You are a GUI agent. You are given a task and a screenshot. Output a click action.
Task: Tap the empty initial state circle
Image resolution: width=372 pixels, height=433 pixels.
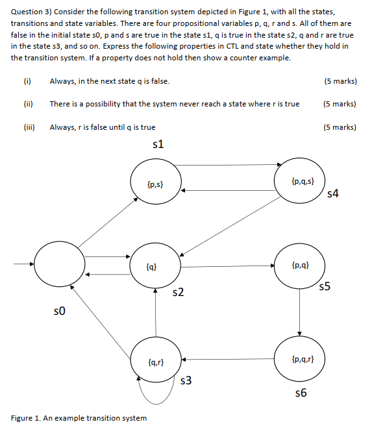[59, 265]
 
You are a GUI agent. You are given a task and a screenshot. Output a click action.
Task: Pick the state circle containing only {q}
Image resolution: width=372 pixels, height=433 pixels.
[155, 266]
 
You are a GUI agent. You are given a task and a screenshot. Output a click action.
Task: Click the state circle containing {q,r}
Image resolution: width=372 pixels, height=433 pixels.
[156, 360]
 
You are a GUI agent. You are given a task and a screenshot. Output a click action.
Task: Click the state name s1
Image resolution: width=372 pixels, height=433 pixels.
[156, 144]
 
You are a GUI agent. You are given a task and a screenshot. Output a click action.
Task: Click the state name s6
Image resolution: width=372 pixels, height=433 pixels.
[300, 393]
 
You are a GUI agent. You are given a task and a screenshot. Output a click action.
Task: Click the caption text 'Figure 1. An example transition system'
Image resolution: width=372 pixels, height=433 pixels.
[79, 417]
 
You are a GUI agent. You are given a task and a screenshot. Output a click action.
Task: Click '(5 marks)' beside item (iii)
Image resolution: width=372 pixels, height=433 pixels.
[339, 127]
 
